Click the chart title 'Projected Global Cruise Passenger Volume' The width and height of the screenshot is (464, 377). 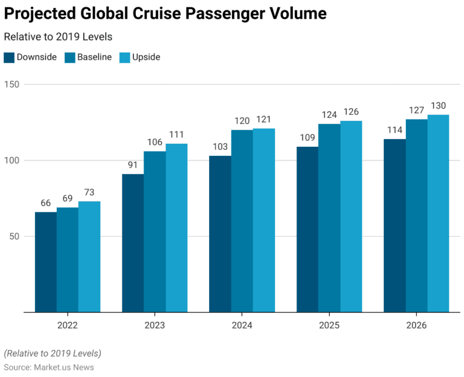pos(166,14)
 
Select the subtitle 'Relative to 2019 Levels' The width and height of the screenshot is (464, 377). pos(58,37)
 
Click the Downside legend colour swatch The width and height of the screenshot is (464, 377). pos(9,57)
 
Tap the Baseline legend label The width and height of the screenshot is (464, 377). pos(94,57)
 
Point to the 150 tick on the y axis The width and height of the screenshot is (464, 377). pos(13,85)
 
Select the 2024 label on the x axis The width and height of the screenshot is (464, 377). pos(242,325)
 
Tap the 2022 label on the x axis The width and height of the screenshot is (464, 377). pos(67,325)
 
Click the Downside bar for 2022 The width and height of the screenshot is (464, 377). pos(45,262)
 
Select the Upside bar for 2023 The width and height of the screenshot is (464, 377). pos(176,228)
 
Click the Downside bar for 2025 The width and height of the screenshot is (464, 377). pos(307,230)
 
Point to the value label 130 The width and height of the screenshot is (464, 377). pos(438,105)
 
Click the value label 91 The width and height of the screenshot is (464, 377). pos(133,164)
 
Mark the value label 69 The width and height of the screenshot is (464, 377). pos(67,198)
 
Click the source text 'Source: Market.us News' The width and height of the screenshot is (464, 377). pos(49,367)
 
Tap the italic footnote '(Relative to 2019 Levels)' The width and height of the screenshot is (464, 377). pos(53,353)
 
